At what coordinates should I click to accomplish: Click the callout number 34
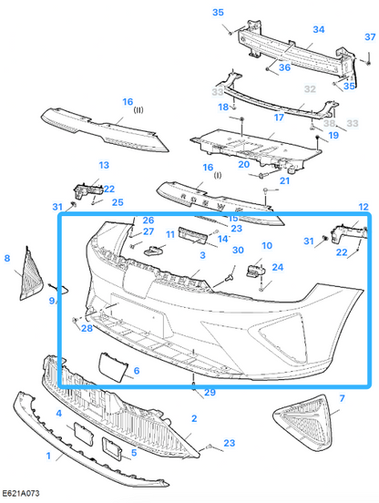(318, 29)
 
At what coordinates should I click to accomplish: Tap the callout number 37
(369, 37)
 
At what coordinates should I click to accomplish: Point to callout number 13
(103, 166)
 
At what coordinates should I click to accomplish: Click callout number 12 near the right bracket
(364, 208)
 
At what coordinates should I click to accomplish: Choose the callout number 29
(209, 393)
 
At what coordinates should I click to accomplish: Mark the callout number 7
(341, 399)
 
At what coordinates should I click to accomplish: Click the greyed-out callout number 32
(309, 89)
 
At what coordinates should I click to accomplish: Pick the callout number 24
(278, 268)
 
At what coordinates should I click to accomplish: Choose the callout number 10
(266, 245)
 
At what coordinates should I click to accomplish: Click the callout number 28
(87, 328)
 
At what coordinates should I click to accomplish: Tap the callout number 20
(243, 164)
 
